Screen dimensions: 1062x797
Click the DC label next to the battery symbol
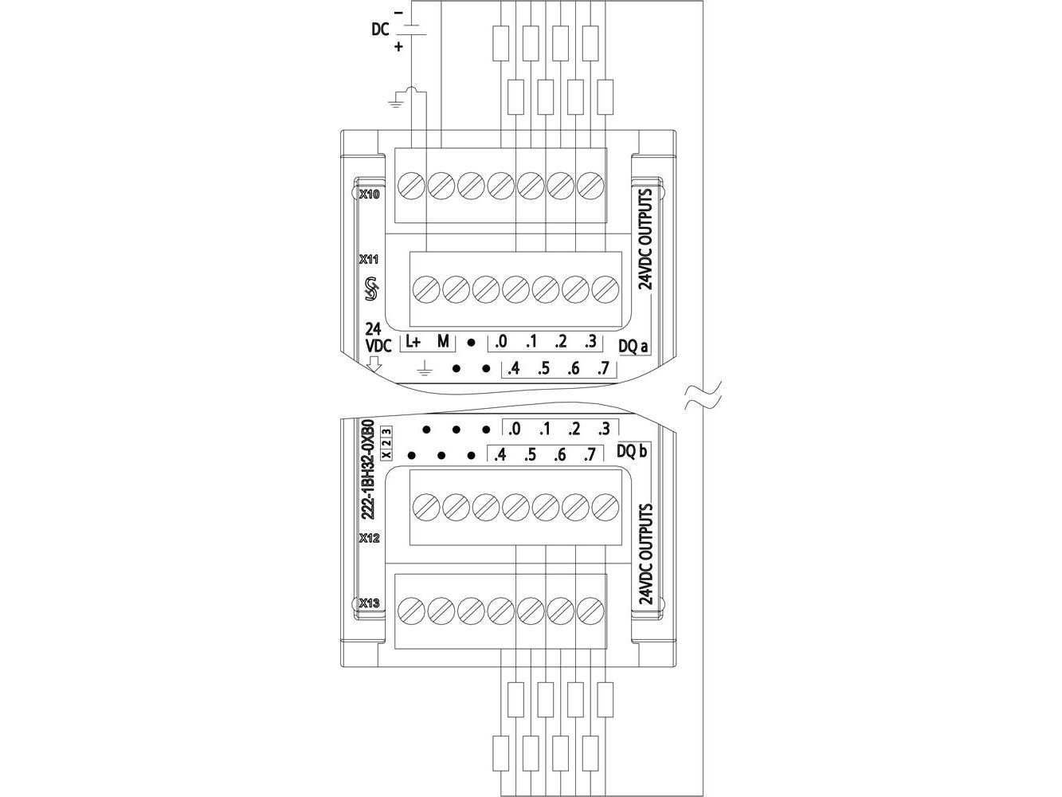point(380,29)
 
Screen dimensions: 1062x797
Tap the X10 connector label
point(369,194)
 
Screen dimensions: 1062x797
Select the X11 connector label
point(369,259)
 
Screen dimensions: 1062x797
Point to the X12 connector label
point(369,538)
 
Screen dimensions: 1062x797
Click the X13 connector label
point(369,603)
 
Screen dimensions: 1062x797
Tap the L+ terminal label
point(413,342)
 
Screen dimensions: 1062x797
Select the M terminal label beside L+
point(443,342)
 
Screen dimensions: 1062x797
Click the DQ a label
point(633,347)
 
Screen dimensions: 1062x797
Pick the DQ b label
point(632,451)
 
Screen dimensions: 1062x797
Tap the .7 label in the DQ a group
point(603,369)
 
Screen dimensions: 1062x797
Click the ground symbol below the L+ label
point(425,369)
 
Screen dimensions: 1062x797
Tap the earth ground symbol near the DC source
point(396,100)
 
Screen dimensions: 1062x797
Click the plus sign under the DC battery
point(398,47)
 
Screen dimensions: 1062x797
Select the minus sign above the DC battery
point(398,13)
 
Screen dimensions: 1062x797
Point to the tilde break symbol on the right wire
point(703,395)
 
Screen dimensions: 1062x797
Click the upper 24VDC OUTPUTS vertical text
point(646,239)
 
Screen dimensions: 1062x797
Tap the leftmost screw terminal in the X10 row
point(411,186)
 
